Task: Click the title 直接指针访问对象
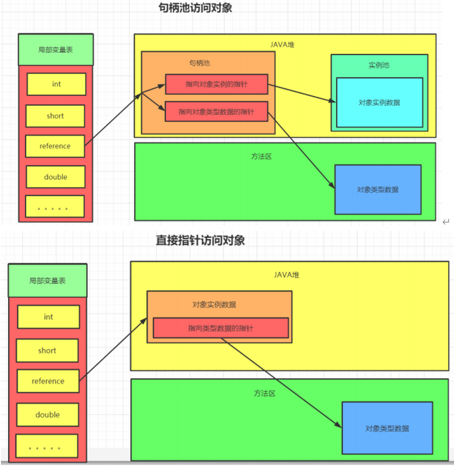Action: [x=200, y=240]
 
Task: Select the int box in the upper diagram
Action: [x=56, y=84]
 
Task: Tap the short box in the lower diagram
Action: [x=47, y=351]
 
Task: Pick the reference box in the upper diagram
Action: [x=55, y=146]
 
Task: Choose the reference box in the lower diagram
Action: [x=48, y=381]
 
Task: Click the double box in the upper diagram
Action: [x=56, y=177]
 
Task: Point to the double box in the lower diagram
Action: [x=48, y=415]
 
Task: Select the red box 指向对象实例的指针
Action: [x=216, y=84]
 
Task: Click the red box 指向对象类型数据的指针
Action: [x=216, y=112]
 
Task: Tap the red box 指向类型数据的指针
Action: [x=220, y=328]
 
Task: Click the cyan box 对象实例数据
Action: [x=379, y=102]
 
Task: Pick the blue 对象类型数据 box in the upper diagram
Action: [x=378, y=189]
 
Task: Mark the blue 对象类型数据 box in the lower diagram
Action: [x=387, y=428]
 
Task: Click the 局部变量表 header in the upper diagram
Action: [x=56, y=50]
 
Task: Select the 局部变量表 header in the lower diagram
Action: [x=48, y=280]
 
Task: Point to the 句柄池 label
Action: [x=199, y=63]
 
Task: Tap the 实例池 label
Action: [x=379, y=65]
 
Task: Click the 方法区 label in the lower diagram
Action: [x=265, y=393]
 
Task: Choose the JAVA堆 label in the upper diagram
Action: [x=282, y=44]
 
